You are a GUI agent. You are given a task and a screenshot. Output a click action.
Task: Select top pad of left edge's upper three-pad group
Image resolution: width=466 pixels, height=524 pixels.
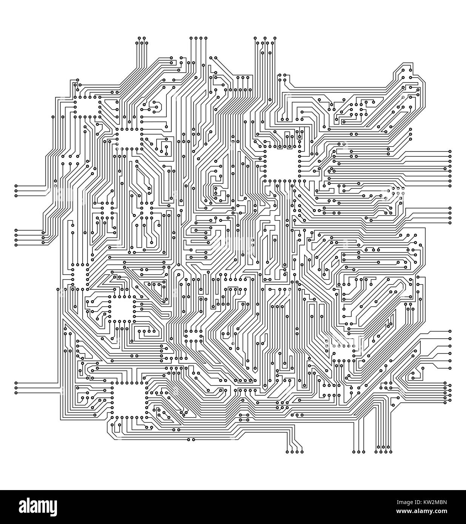(x=16, y=186)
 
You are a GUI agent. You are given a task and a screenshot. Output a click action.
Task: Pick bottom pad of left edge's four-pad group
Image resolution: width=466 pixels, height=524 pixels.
(x=16, y=245)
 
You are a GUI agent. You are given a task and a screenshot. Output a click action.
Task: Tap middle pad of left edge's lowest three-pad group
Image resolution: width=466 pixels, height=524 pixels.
(x=16, y=388)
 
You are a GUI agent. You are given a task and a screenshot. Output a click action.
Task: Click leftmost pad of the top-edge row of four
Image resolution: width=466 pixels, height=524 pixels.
(x=191, y=38)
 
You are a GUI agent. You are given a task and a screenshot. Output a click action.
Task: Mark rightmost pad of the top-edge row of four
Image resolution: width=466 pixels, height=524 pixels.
(x=206, y=38)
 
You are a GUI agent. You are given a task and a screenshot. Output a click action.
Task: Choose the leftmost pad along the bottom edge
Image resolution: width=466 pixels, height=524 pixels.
(x=287, y=451)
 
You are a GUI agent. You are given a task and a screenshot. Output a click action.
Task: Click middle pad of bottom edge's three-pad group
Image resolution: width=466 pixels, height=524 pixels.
(x=358, y=451)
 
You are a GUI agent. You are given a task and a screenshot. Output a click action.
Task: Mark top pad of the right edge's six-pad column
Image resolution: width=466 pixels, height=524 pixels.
(x=450, y=331)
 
